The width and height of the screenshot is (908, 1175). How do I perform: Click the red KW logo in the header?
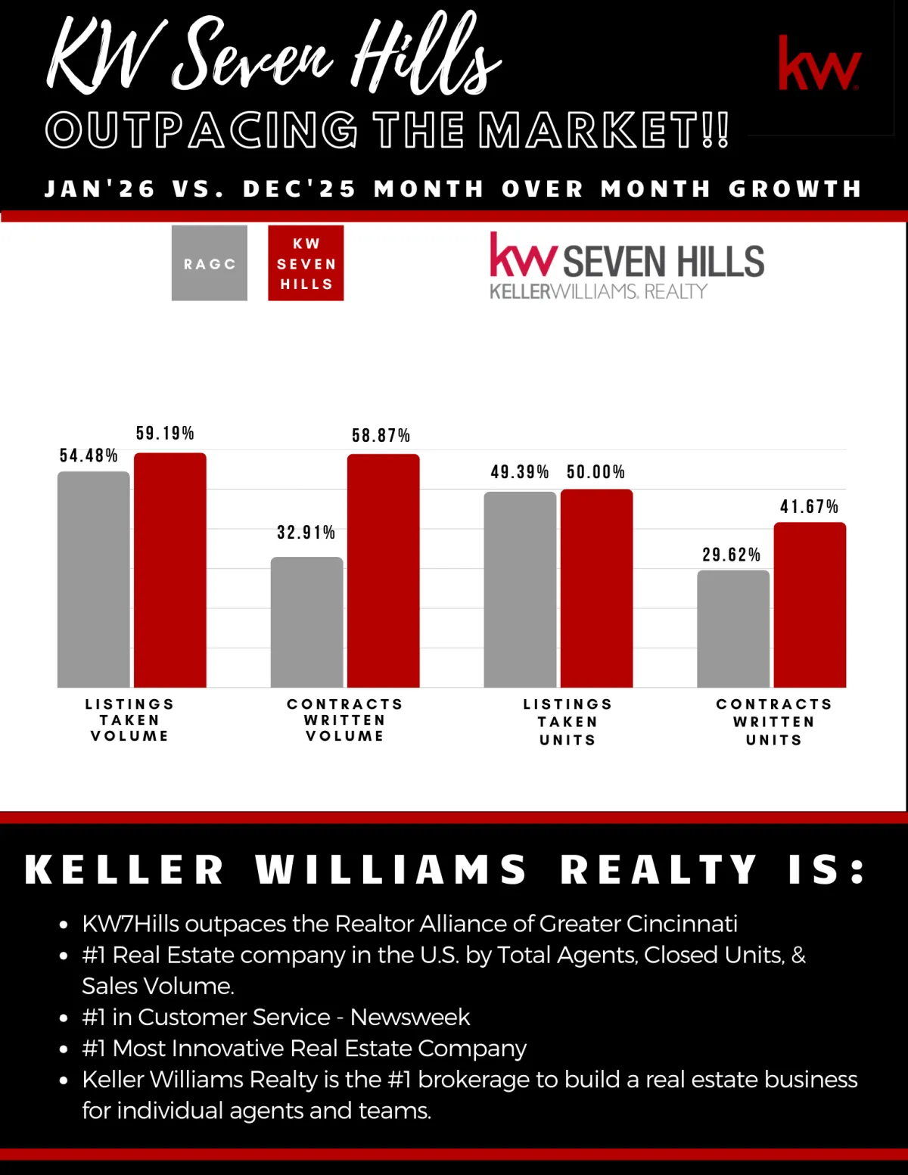pyautogui.click(x=819, y=64)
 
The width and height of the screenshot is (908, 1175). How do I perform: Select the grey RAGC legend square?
pyautogui.click(x=210, y=263)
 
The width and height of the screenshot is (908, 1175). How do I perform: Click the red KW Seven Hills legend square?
pyautogui.click(x=306, y=263)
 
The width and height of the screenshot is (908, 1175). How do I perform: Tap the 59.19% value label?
pyautogui.click(x=165, y=434)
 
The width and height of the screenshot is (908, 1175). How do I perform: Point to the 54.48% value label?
pyautogui.click(x=89, y=455)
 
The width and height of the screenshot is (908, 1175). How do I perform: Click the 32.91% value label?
pyautogui.click(x=306, y=533)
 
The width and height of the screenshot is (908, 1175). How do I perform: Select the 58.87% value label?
pyautogui.click(x=381, y=436)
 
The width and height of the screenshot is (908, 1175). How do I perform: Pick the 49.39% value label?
pyautogui.click(x=519, y=472)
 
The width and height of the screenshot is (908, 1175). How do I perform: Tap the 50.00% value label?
pyautogui.click(x=595, y=472)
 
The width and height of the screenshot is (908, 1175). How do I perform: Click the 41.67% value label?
pyautogui.click(x=809, y=507)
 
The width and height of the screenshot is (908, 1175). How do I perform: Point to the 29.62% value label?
pyautogui.click(x=731, y=555)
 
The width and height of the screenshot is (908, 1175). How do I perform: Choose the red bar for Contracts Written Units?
pyautogui.click(x=810, y=605)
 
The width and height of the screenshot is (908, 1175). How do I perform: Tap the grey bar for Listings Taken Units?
pyautogui.click(x=520, y=589)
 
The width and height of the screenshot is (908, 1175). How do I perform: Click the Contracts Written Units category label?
pyautogui.click(x=774, y=722)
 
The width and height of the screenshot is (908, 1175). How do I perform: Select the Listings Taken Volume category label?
pyautogui.click(x=129, y=720)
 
